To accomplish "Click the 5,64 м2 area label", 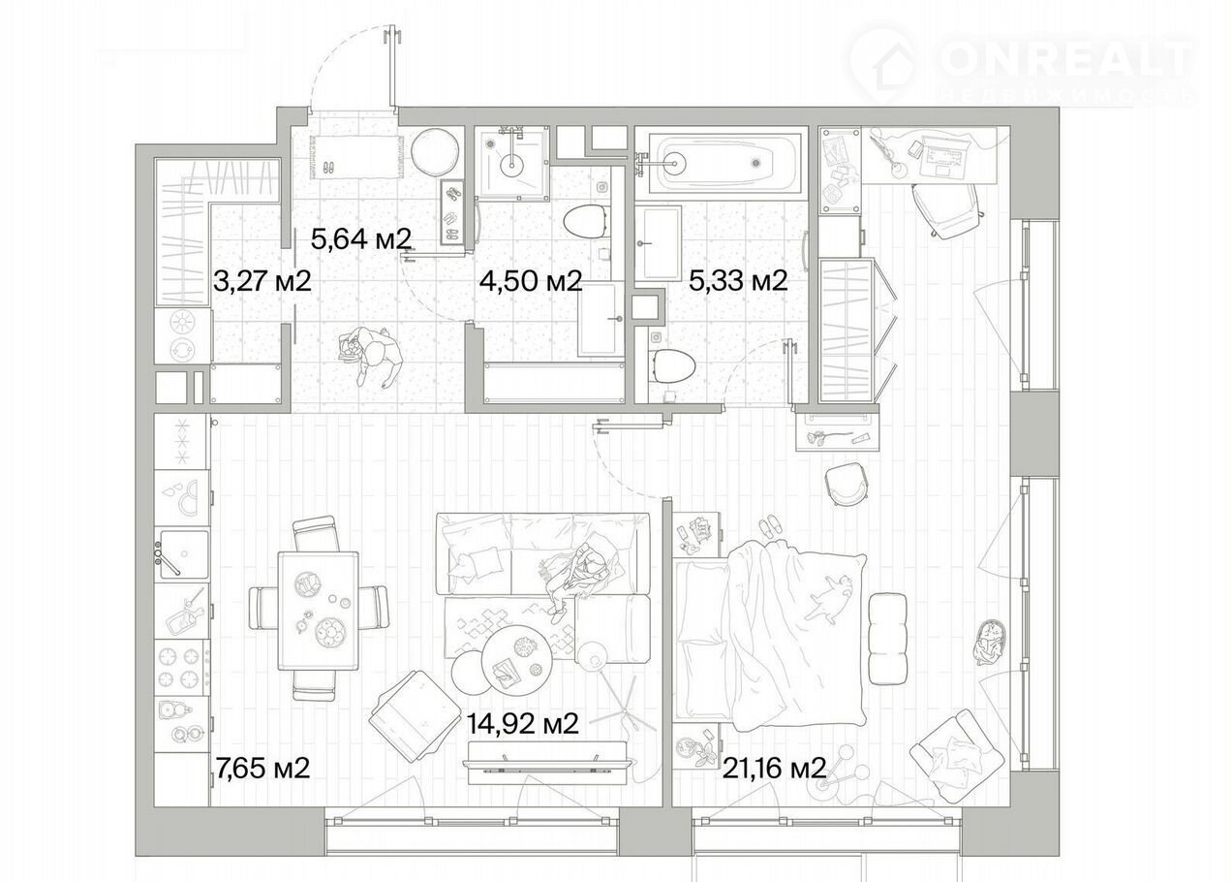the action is (x=361, y=238).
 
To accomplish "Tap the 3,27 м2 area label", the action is (x=262, y=281).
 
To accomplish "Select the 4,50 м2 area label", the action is (x=530, y=281).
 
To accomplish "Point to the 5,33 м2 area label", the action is (x=738, y=281).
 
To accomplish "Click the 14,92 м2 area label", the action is (x=522, y=724).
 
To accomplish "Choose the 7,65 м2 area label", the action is (x=262, y=768).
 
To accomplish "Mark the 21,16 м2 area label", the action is (x=774, y=768).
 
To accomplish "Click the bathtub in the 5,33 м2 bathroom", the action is (x=723, y=162).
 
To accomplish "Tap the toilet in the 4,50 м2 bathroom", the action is (x=587, y=221).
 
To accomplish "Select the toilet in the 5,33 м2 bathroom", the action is (x=673, y=365).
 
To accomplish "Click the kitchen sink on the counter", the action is (x=184, y=554).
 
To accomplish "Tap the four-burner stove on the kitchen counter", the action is (x=179, y=668).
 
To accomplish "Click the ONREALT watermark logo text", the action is (x=1067, y=59).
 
